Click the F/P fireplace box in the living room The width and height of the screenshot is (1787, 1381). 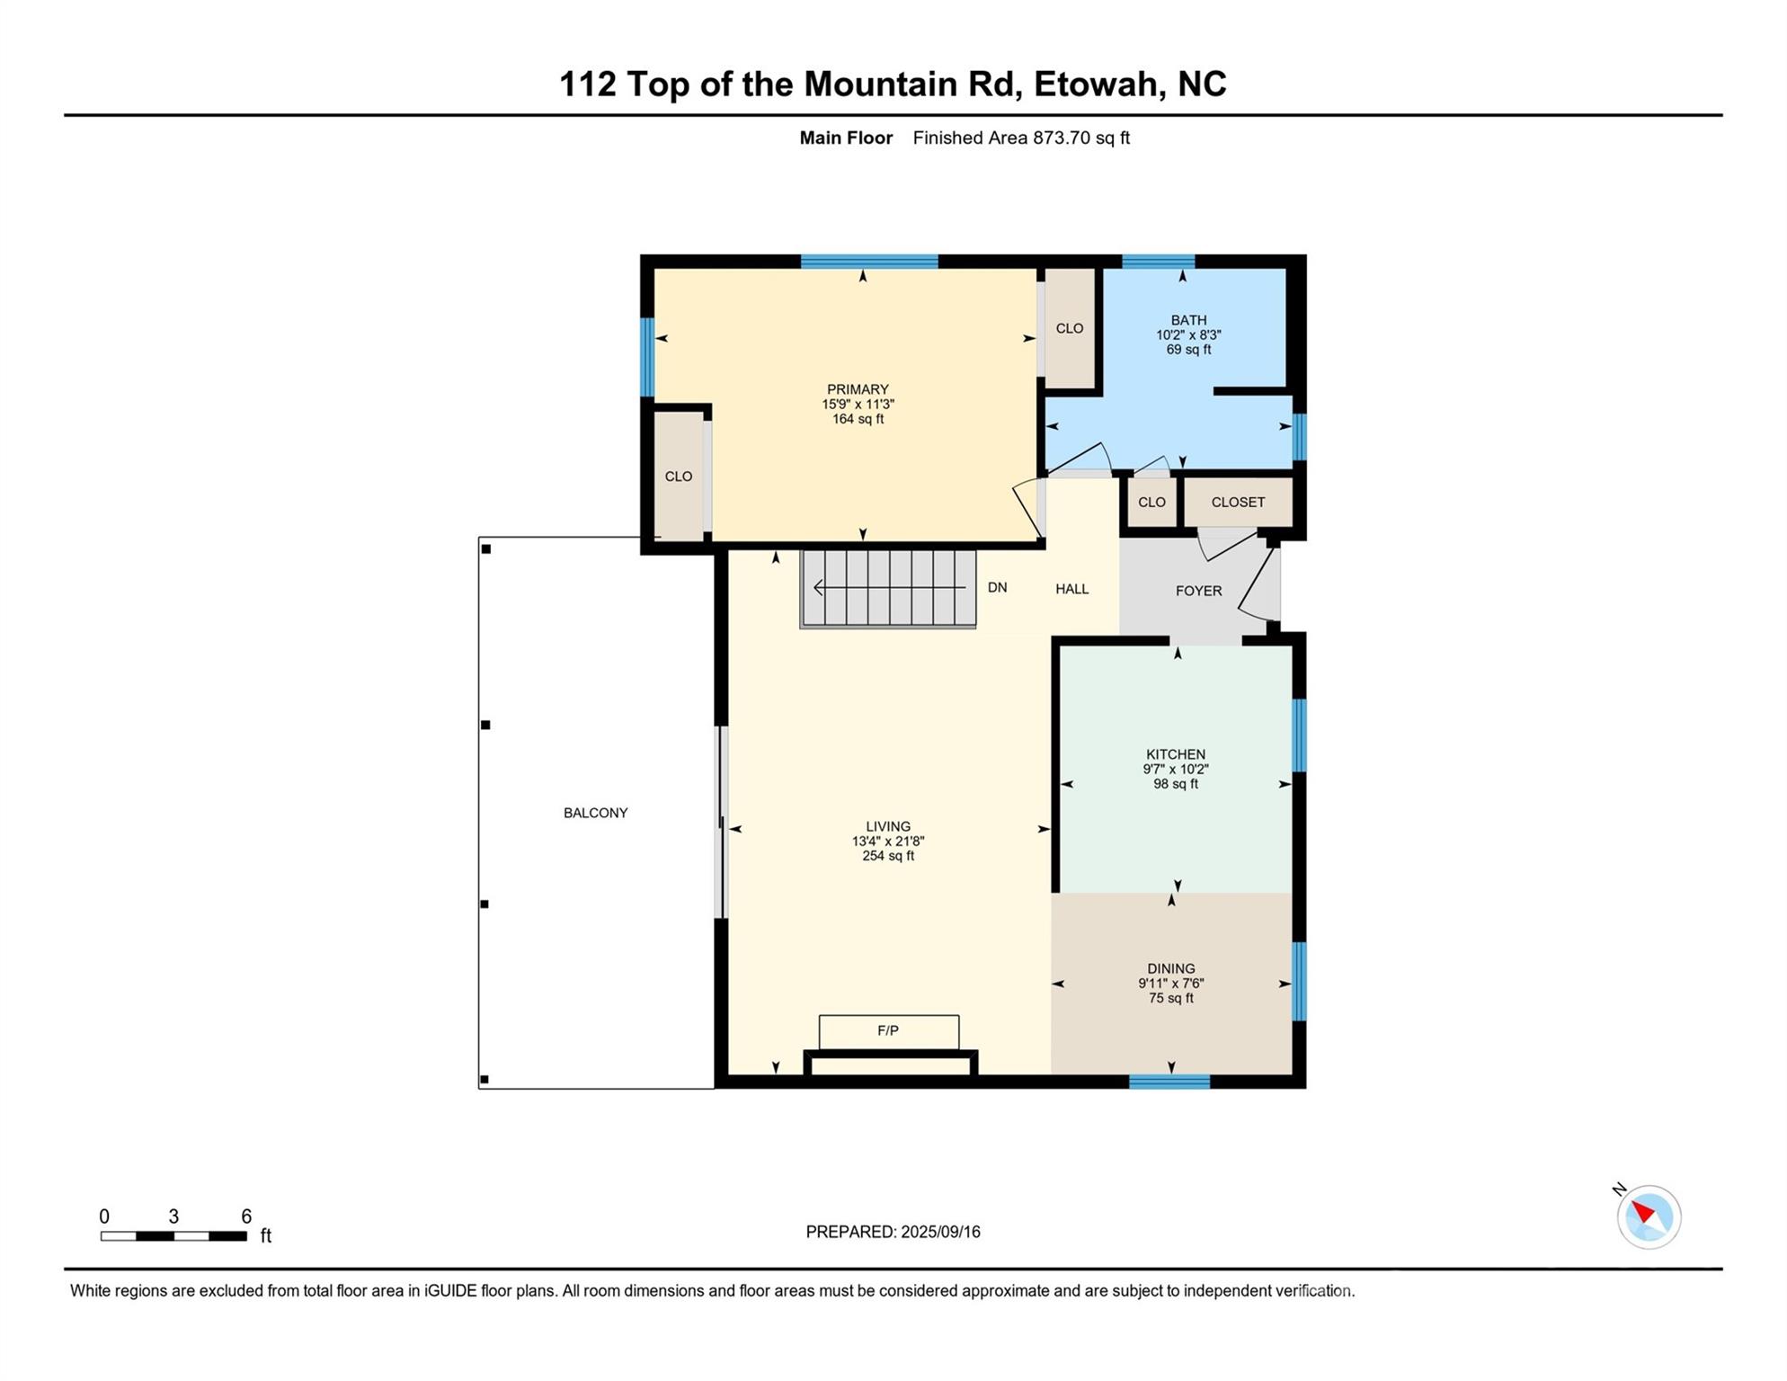click(888, 1031)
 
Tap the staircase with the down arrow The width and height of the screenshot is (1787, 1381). click(888, 588)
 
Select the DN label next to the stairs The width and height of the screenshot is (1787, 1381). click(997, 588)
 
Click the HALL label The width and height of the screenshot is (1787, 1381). click(1071, 589)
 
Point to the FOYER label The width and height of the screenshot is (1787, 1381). click(1198, 591)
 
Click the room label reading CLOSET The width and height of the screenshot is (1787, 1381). click(1238, 503)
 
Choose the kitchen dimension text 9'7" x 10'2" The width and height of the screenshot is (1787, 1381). click(1175, 770)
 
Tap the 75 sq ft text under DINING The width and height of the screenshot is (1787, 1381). click(1170, 998)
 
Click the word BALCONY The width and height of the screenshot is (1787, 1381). click(595, 813)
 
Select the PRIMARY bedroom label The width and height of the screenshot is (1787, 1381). click(858, 389)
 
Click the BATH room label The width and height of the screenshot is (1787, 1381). click(1188, 320)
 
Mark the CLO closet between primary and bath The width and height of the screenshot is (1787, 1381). click(1069, 329)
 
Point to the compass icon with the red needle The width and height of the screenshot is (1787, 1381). click(1649, 1216)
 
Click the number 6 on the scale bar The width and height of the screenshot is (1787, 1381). click(246, 1216)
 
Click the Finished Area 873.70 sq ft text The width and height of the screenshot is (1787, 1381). click(1021, 138)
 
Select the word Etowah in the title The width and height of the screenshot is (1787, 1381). click(1094, 85)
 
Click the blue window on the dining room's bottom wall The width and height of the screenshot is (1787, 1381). click(1169, 1082)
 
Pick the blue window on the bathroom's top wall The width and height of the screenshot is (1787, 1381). click(1158, 262)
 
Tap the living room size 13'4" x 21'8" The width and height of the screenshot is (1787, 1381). click(888, 842)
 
